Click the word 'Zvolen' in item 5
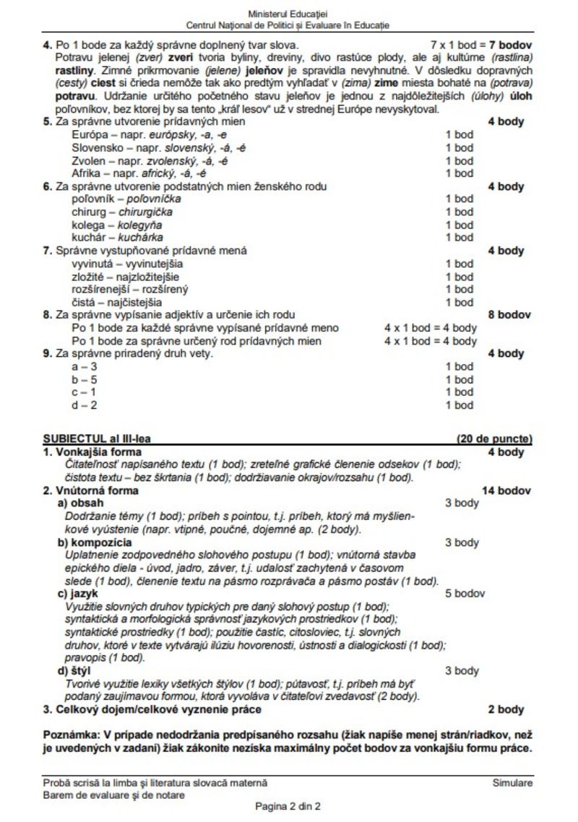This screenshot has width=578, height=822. [x=87, y=160]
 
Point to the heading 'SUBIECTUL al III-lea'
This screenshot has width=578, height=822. [x=97, y=438]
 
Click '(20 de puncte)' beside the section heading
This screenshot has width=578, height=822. [x=494, y=438]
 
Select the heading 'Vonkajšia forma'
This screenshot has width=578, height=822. [x=98, y=452]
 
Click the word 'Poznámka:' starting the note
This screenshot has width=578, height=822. [x=70, y=735]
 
